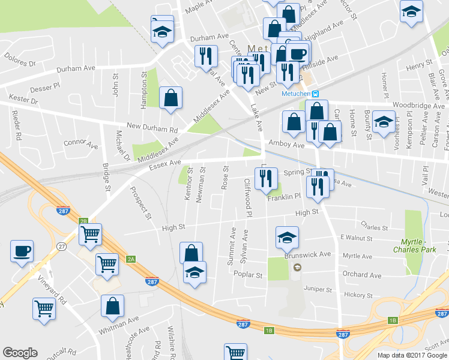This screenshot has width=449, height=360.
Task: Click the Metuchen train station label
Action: click(295, 93)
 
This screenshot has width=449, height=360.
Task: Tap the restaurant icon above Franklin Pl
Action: click(265, 178)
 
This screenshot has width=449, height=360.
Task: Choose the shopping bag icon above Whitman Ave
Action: click(112, 306)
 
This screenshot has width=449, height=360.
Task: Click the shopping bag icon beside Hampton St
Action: click(170, 97)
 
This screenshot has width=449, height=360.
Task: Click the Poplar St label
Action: click(252, 275)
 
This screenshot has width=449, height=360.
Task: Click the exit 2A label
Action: click(131, 259)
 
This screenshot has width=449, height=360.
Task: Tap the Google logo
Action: click(20, 353)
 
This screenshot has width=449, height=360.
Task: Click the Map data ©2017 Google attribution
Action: click(412, 355)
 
